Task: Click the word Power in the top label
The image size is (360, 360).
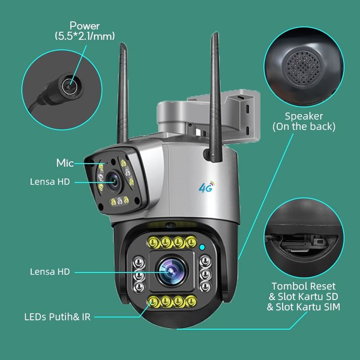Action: [x=84, y=26]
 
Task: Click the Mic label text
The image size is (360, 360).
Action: [x=64, y=163]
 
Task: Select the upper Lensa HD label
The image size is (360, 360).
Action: [x=50, y=182]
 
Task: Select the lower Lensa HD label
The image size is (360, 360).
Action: [x=50, y=272]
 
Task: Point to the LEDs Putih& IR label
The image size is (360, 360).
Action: [x=58, y=316]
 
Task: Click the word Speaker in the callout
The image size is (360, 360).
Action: [x=304, y=117]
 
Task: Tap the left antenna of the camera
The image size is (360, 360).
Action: [x=123, y=94]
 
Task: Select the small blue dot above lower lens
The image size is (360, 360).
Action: [x=202, y=246]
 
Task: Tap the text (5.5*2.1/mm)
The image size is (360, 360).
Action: [x=84, y=36]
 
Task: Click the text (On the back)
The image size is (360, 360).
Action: [x=304, y=127]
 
